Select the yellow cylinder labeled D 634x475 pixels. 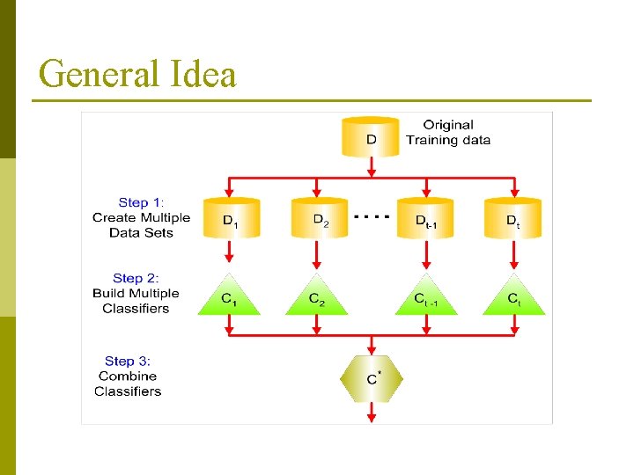pos(372,137)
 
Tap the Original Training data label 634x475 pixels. pos(447,133)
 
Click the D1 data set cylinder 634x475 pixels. pos(229,218)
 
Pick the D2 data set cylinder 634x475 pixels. pos(317,218)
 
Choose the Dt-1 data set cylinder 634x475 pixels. pos(427,218)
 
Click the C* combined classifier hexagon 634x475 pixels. pos(372,378)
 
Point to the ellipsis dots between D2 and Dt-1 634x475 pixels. pos(371,214)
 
